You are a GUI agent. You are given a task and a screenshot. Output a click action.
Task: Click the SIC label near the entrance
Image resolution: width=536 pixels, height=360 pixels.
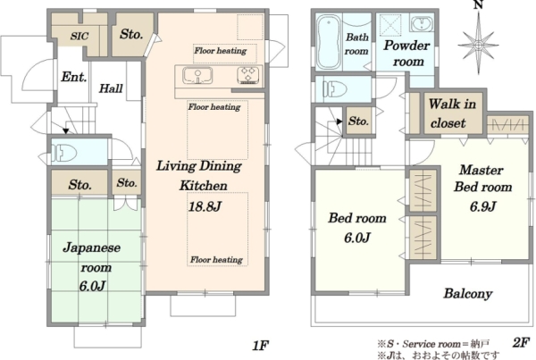coord(80,36)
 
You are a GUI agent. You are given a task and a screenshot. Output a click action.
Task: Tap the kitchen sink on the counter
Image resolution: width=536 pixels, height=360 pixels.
coord(197,76)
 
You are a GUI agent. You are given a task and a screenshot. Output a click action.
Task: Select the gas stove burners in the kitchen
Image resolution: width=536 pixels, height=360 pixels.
coord(248,75)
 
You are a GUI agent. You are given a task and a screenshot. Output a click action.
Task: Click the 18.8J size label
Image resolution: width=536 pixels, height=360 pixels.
coord(205,206)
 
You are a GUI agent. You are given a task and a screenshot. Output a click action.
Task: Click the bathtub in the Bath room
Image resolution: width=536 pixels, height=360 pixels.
coord(329,42)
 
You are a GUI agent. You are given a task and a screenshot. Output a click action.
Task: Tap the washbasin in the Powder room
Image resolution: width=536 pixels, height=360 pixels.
coord(422,24)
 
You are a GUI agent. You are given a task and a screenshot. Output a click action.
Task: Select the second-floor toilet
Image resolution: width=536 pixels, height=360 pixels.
coord(335,89)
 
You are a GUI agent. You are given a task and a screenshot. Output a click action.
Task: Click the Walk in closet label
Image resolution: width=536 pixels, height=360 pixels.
coord(452,113)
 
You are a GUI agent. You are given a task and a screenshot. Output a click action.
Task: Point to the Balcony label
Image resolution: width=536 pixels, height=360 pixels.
coord(468,293)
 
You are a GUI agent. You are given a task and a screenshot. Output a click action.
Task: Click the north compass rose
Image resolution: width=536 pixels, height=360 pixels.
coord(479,45)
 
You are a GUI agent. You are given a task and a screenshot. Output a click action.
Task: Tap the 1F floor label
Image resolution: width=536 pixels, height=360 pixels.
coord(260,346)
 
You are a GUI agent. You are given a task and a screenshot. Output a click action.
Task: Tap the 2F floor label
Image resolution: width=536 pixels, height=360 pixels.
coord(521,342)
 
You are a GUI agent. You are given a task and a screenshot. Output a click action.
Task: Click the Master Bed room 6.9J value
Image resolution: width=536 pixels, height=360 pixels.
coord(482,206)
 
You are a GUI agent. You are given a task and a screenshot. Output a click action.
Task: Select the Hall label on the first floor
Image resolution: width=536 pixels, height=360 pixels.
coord(111,88)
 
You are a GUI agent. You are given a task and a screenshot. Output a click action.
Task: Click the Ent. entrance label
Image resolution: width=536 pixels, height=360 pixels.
coord(73,77)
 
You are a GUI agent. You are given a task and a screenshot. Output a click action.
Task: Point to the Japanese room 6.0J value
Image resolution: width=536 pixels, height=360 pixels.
coord(92,286)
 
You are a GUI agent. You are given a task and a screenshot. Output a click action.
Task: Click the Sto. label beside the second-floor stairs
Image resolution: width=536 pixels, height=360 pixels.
coord(358,121)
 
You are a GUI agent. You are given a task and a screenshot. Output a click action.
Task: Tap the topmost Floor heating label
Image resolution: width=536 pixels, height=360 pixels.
coord(221,51)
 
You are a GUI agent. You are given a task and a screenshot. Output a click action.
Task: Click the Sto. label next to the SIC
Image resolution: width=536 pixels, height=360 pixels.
coord(131,34)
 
